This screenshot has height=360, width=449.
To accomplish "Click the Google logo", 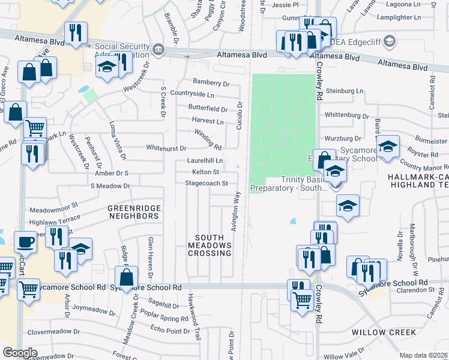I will coord(20,352).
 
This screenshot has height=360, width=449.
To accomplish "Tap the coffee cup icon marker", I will coord(25,242).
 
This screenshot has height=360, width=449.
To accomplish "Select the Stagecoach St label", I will coord(207,183).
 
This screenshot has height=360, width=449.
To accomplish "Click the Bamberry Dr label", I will coord(211,82).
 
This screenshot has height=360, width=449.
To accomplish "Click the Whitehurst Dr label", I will coord(166,148).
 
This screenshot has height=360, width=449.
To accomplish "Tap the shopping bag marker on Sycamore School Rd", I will coord(126,278).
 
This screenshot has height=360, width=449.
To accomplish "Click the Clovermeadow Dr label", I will coord(54,331).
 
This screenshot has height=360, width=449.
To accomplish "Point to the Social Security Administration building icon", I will coord(158,49).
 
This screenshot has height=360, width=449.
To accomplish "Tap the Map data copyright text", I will coord(424,355).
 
